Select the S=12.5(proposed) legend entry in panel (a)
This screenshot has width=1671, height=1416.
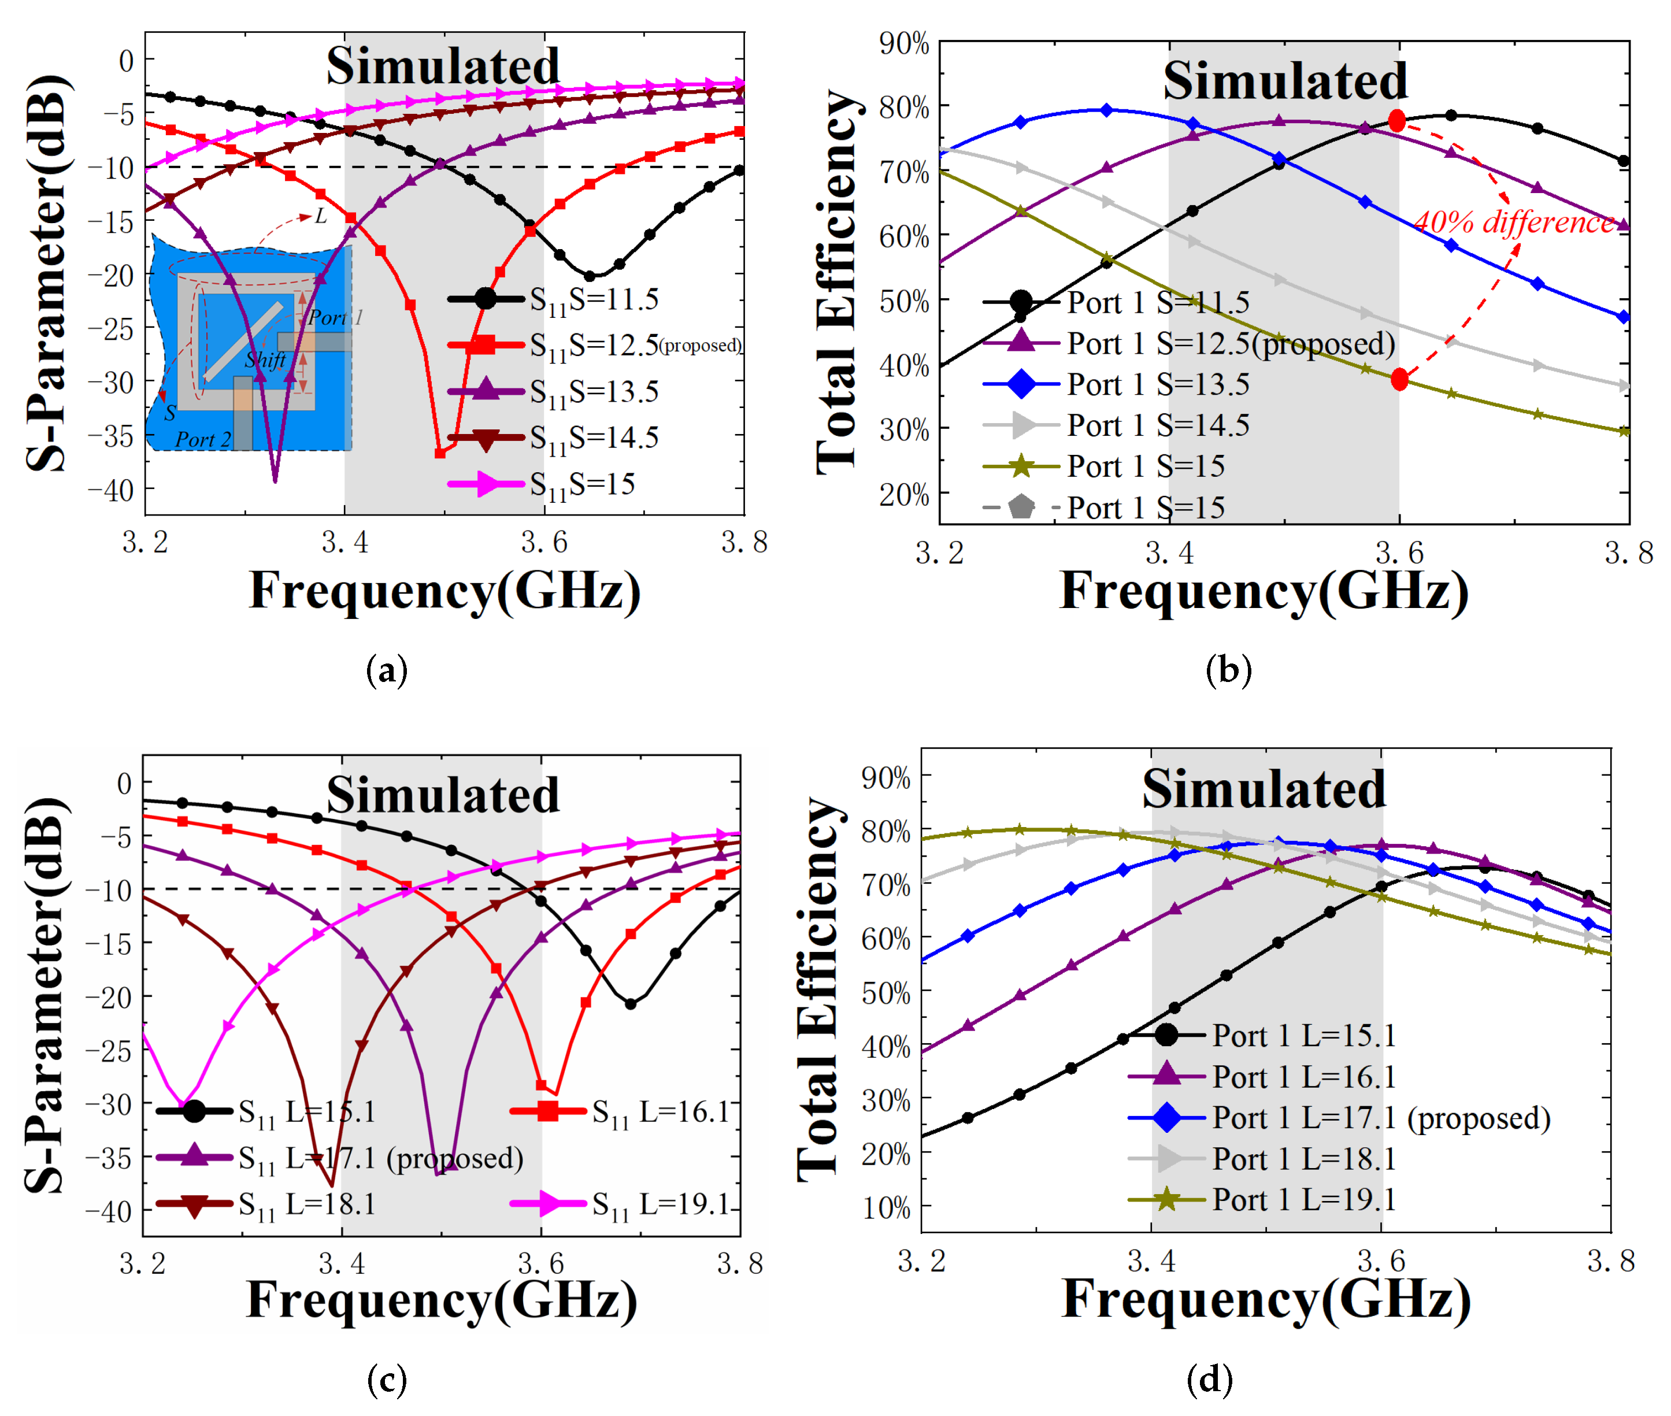(594, 345)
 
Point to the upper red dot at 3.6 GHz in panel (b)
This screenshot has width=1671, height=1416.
(1396, 121)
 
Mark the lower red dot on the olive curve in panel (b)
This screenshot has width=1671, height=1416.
(1399, 380)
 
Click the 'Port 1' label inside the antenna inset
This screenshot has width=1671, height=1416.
(335, 318)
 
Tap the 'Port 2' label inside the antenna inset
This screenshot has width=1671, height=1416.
(203, 440)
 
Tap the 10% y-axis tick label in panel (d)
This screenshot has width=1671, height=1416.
(886, 1208)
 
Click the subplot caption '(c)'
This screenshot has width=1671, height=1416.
(387, 1380)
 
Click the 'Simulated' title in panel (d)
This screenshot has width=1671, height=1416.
(1264, 789)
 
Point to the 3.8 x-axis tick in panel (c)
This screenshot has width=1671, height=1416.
(739, 1263)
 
